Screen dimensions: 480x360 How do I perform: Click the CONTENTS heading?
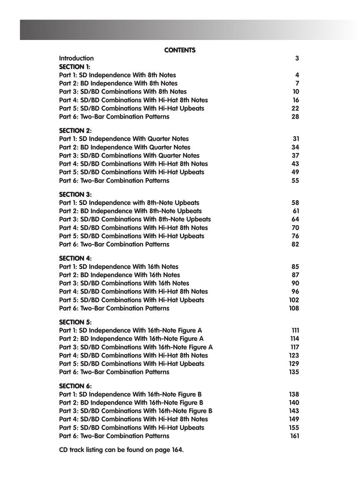click(180, 50)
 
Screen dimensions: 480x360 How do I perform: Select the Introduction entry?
click(76, 58)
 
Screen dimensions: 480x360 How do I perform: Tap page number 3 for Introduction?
click(297, 58)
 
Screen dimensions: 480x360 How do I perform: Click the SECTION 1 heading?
click(75, 67)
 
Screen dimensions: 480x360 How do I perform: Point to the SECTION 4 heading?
click(75, 258)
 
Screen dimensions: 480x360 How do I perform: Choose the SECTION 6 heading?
click(75, 386)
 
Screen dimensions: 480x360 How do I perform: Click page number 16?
click(296, 100)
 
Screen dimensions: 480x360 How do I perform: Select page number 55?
click(295, 180)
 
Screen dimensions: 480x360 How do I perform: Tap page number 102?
click(294, 300)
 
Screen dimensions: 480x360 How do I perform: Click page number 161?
click(295, 436)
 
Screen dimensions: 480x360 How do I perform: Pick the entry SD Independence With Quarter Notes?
click(124, 139)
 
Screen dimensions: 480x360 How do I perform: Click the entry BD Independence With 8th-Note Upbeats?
click(130, 211)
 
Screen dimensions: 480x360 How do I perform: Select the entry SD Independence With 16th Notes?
click(119, 267)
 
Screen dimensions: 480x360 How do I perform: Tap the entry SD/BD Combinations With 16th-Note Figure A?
click(136, 347)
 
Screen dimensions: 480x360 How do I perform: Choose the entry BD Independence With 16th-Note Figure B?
click(131, 402)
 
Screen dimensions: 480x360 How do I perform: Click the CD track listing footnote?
click(121, 450)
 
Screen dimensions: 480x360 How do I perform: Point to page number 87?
click(295, 275)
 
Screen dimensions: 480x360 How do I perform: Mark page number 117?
click(295, 347)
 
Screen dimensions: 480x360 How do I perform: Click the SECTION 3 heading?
click(75, 195)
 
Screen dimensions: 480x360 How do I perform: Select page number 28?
click(295, 117)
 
